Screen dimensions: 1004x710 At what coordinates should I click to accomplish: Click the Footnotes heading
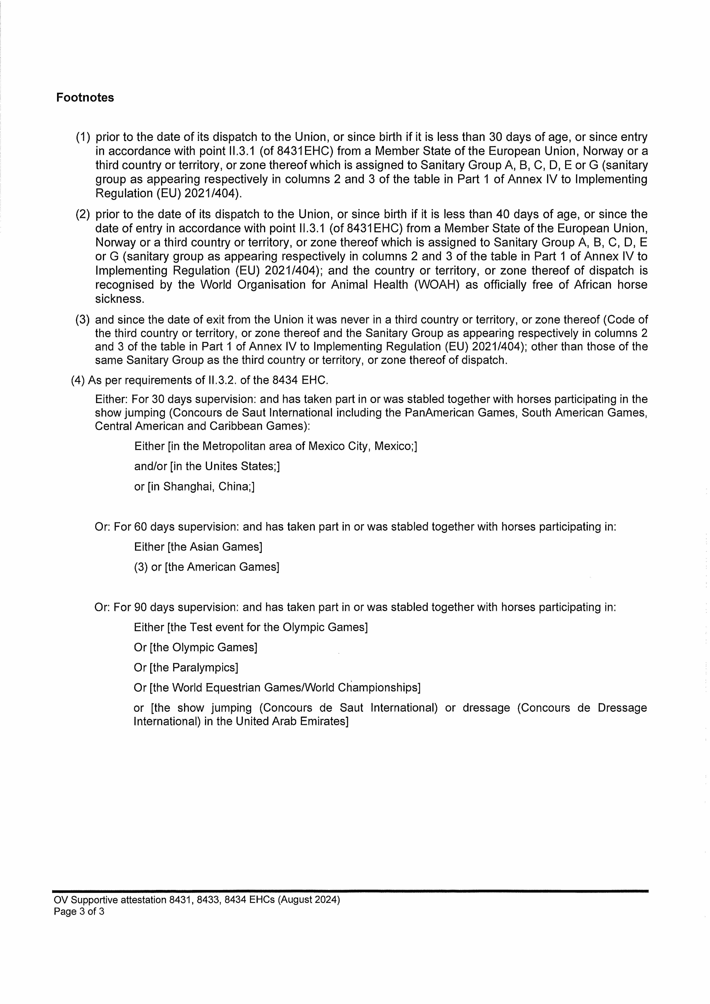[85, 98]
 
